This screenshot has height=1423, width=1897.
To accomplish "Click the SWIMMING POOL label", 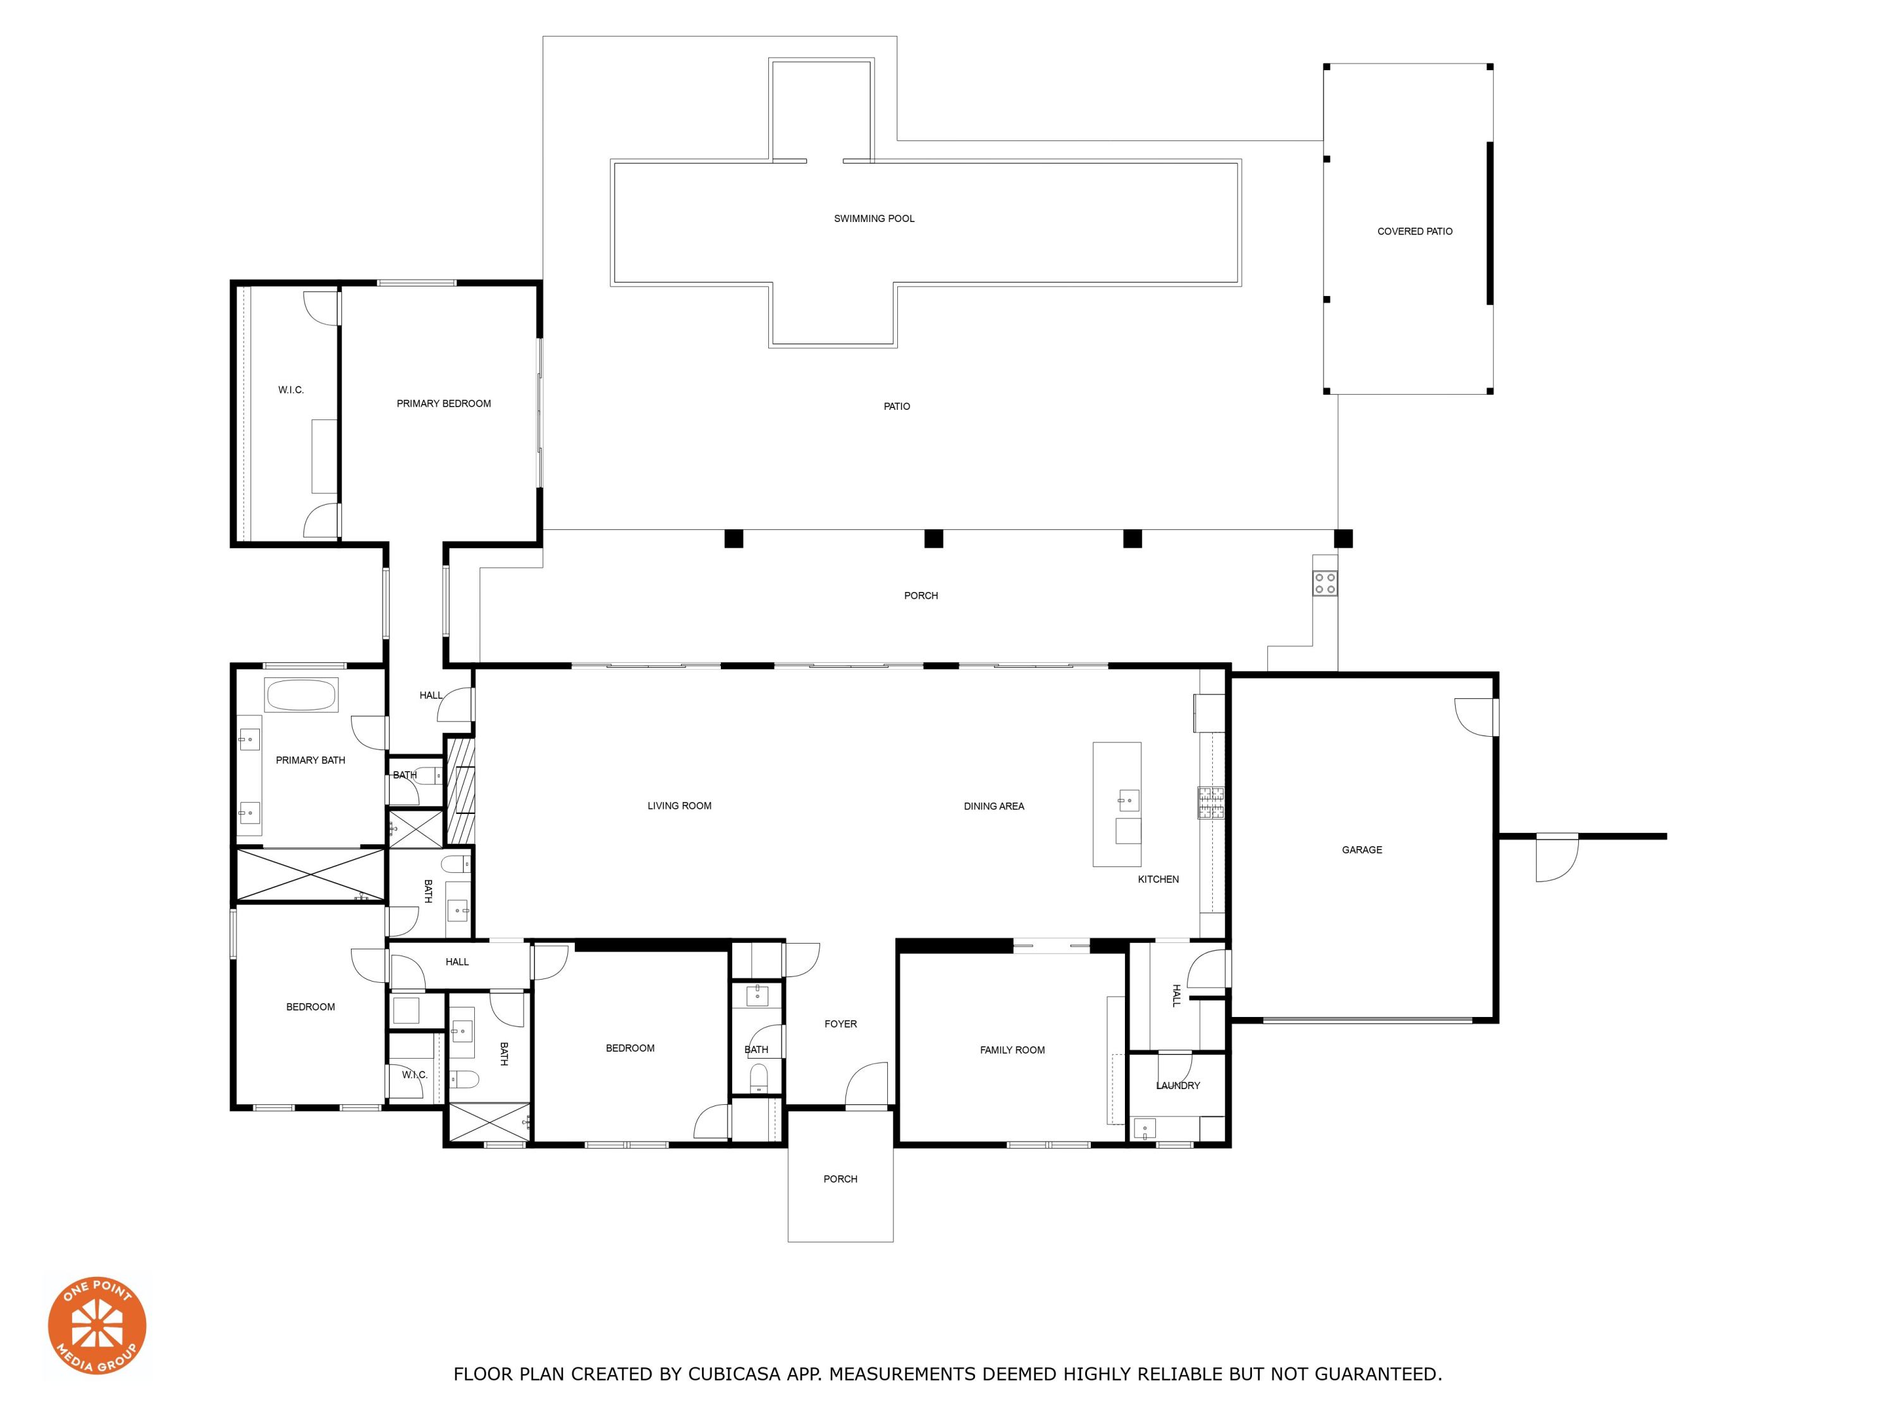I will click(x=874, y=219).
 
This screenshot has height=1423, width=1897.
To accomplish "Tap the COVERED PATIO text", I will click(x=1414, y=231).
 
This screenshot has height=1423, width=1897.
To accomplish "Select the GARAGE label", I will click(x=1361, y=850).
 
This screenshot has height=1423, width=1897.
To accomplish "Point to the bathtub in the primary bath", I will click(x=301, y=695).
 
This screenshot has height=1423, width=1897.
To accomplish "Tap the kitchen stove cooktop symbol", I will click(x=1211, y=803).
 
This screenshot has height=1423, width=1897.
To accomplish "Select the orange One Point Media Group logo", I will click(x=97, y=1325).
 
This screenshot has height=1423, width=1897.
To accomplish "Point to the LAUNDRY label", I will click(x=1177, y=1086).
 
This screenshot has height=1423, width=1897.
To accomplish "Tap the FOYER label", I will click(x=840, y=1024).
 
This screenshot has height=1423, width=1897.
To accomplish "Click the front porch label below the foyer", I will click(x=840, y=1180).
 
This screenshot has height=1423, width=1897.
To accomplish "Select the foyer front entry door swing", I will click(x=866, y=1085).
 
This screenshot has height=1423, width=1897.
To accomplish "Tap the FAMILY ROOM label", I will click(x=1012, y=1050).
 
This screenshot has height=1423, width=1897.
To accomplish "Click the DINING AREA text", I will click(x=993, y=806).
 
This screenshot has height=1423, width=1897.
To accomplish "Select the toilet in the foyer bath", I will click(x=758, y=1076).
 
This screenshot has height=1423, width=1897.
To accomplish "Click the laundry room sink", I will click(x=1144, y=1128).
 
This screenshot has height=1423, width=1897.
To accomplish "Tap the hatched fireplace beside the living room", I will click(x=460, y=789).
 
